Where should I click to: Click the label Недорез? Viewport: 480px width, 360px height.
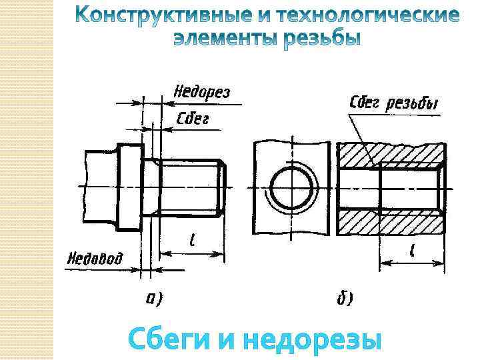pos(201,92)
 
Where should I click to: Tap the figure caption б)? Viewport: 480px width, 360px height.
pos(345,298)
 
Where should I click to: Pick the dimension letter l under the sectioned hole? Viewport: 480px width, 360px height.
pos(413,251)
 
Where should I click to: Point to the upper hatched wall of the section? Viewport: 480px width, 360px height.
pos(390,155)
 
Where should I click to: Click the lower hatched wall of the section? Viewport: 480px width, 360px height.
pos(390,223)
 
